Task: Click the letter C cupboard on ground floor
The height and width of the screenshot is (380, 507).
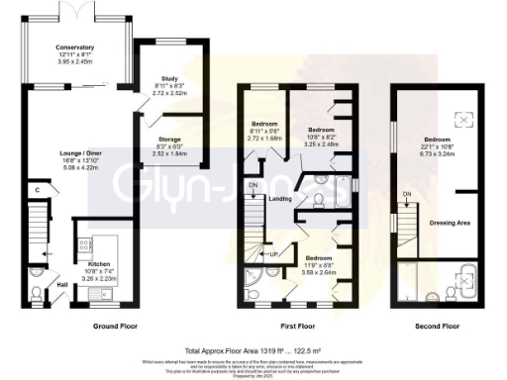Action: click(x=35, y=189)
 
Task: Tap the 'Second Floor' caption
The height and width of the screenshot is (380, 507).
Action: click(x=437, y=325)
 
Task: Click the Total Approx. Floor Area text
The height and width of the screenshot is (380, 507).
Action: click(x=253, y=350)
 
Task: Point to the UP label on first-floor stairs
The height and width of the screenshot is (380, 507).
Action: click(x=273, y=253)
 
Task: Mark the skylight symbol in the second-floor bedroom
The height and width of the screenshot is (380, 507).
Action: click(x=459, y=119)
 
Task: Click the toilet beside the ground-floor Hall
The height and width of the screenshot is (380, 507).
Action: click(x=36, y=292)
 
